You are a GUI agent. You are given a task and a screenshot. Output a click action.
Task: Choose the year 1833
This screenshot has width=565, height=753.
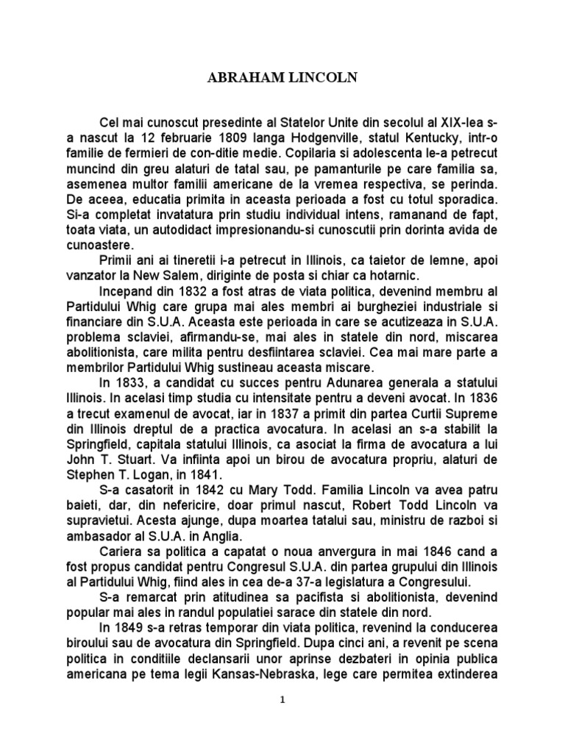[128, 384]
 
